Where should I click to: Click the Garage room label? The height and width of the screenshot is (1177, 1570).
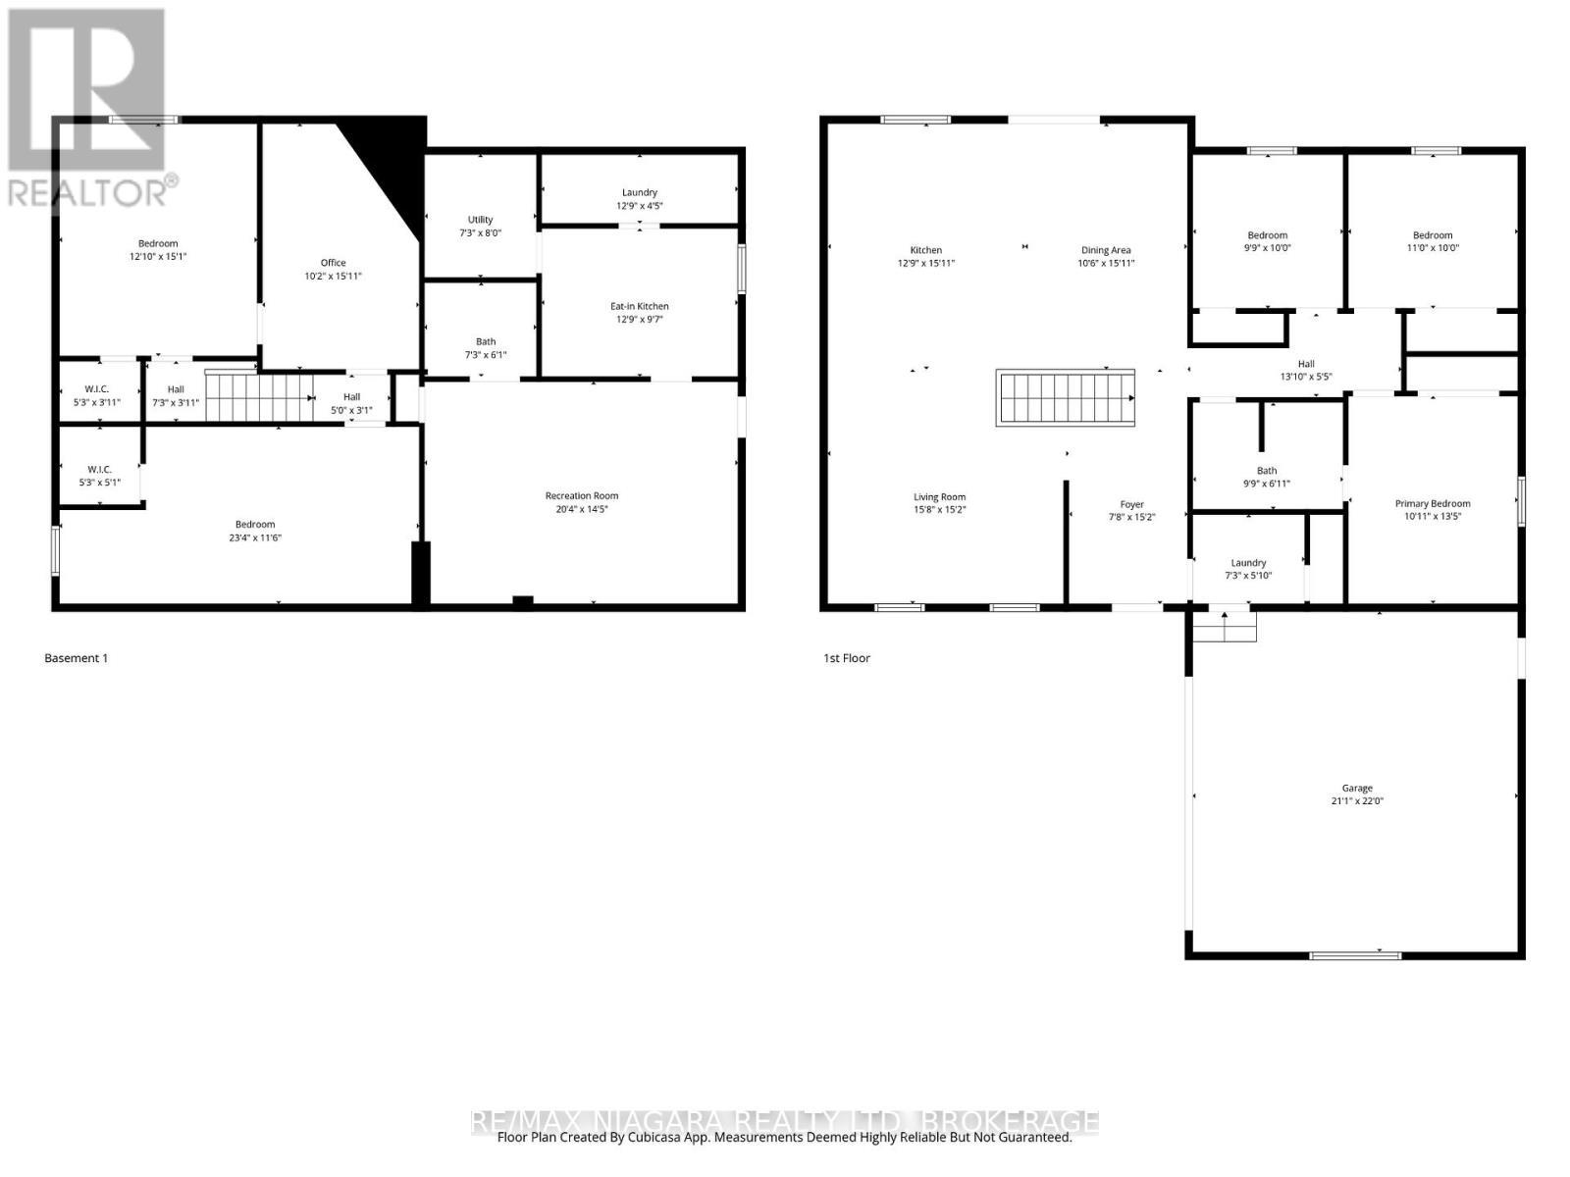click(x=1357, y=788)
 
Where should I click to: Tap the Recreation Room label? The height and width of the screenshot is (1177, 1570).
click(x=582, y=495)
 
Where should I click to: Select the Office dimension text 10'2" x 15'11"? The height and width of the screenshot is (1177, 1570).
click(x=333, y=276)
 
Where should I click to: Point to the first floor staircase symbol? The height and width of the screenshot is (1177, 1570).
click(x=1066, y=397)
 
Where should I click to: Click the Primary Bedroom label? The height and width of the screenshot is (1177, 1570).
click(x=1433, y=503)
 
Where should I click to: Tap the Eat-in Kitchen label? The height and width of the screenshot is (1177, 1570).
click(x=639, y=306)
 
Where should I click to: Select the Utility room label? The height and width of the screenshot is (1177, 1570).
click(x=480, y=220)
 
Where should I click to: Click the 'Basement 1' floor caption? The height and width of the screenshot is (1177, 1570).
click(x=76, y=658)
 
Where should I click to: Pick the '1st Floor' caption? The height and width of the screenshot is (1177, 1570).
click(x=846, y=658)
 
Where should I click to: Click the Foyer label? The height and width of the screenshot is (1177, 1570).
click(x=1132, y=504)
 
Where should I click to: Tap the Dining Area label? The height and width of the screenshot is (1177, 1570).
click(x=1106, y=250)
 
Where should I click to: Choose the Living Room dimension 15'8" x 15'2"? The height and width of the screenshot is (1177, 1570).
click(x=939, y=510)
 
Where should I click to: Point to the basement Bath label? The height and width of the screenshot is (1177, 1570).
click(x=486, y=341)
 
